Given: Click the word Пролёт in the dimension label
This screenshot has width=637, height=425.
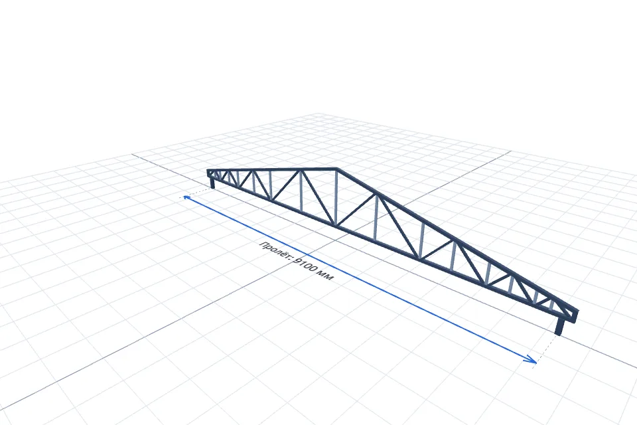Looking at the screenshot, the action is (275, 250).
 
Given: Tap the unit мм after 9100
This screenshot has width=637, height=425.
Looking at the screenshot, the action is (326, 276).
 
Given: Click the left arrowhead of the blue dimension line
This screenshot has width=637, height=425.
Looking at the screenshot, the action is (187, 198).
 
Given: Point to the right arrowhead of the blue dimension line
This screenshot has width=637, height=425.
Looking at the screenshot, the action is (531, 359).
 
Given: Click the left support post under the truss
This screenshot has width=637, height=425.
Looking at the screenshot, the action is (212, 183).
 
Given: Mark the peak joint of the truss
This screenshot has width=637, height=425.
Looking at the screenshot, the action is (337, 169).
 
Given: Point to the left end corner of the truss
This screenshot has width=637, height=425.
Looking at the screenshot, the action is (208, 171).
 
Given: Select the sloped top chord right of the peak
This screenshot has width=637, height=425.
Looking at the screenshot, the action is (457, 240).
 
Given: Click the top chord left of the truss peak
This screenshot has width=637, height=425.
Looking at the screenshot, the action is (272, 169).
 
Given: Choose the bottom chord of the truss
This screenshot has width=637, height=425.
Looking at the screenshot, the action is (390, 246).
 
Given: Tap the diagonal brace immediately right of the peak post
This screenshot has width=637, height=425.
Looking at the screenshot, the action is (357, 211).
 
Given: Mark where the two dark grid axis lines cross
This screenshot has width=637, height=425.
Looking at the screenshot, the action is (336, 240).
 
